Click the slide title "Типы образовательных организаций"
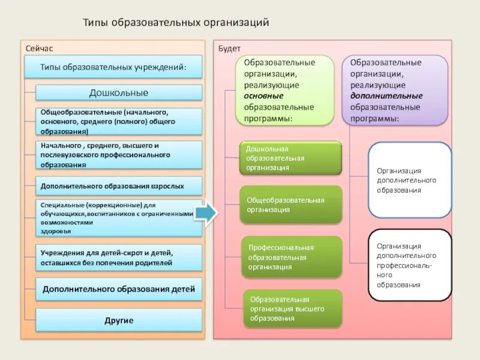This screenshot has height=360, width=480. [x=175, y=23]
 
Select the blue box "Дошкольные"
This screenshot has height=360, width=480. [x=119, y=93]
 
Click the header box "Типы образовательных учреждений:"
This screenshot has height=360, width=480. [x=113, y=67]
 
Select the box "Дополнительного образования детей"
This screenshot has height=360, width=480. [x=119, y=289]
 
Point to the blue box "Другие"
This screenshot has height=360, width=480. [x=119, y=320]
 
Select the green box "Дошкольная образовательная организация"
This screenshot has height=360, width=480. [x=291, y=158]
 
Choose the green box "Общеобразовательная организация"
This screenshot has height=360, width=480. [x=291, y=205]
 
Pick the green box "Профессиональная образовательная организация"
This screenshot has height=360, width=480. [x=291, y=257]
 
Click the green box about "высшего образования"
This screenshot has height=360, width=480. [x=292, y=309]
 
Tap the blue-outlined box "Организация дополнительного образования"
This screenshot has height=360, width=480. [x=410, y=180]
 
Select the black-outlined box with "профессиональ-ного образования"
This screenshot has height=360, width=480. [x=410, y=265]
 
